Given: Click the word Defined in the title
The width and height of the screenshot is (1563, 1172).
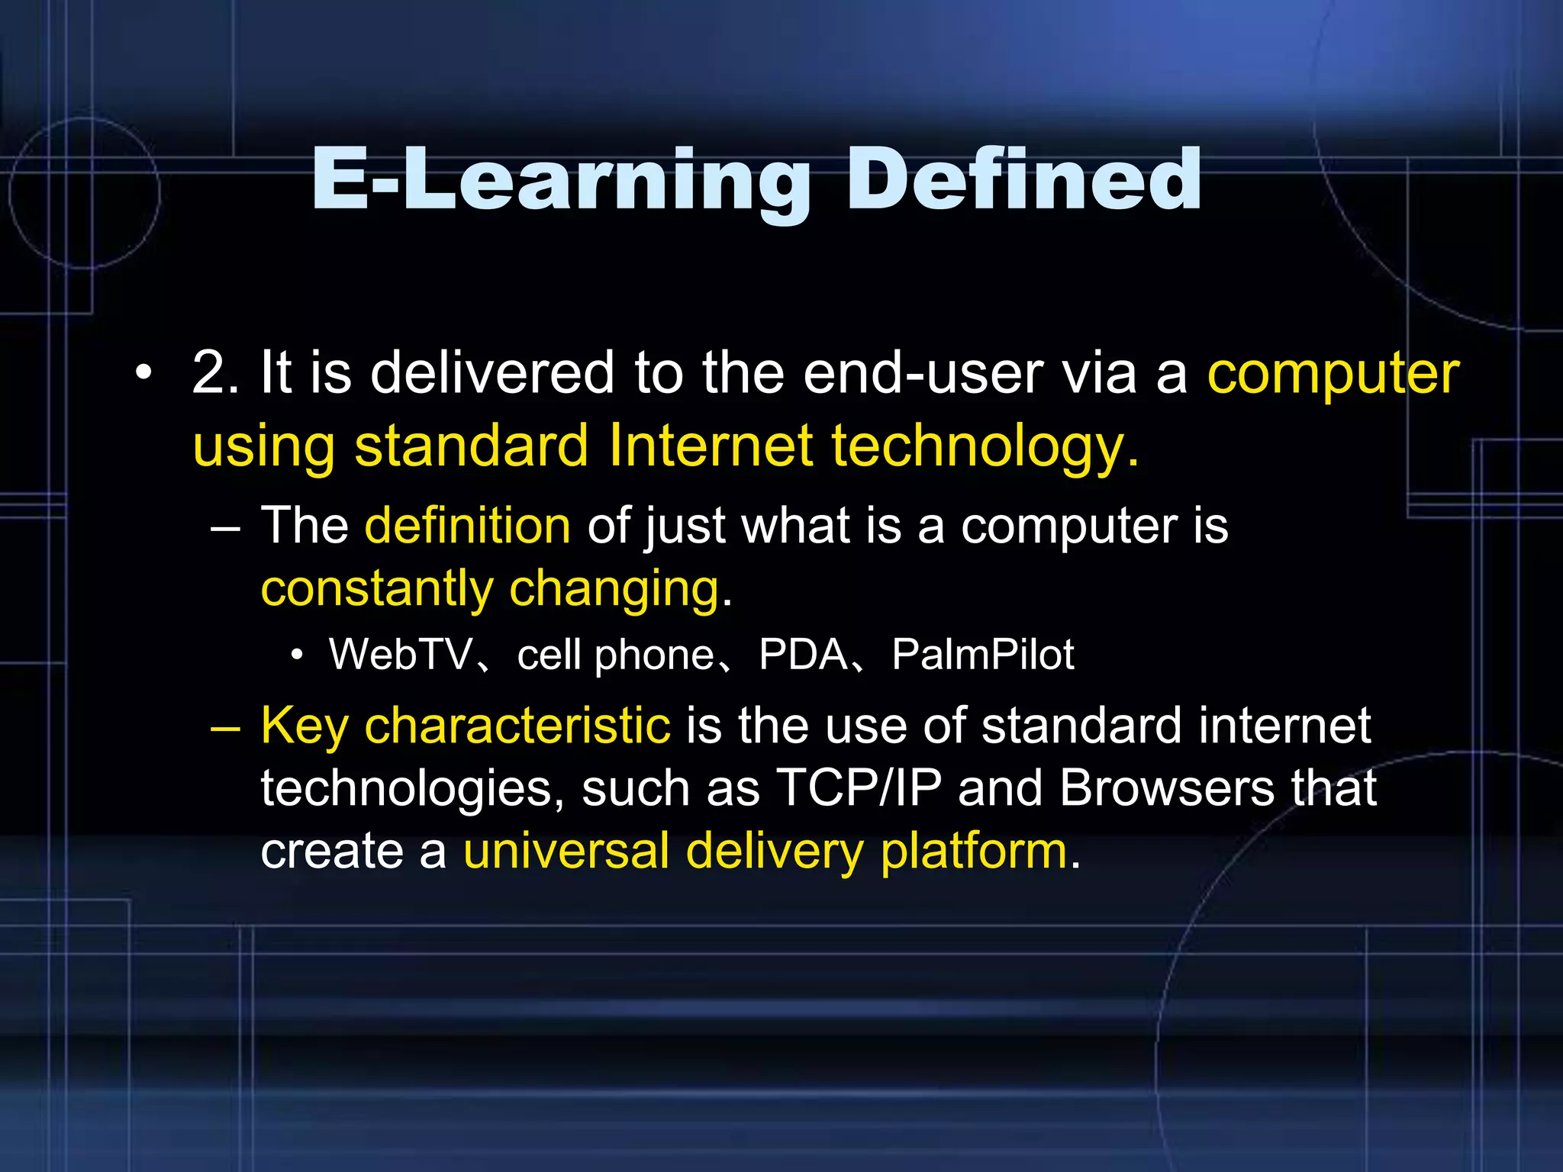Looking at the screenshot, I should tap(1024, 179).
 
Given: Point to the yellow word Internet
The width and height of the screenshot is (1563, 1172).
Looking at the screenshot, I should tap(711, 446).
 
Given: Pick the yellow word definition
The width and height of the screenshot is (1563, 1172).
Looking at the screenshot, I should tap(467, 526).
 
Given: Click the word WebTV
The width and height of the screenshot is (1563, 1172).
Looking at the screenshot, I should tap(401, 654).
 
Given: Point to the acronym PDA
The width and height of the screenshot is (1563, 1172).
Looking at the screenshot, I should tap(803, 654).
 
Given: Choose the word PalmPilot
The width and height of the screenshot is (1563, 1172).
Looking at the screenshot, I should tap(983, 654).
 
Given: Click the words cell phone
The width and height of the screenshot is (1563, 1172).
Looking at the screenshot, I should tap(615, 655).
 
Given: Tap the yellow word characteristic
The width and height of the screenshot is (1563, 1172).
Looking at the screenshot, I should tap(517, 725).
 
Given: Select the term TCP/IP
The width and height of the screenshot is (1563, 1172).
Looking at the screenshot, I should tap(859, 787).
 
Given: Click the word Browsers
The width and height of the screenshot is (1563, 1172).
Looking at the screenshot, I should tap(1167, 787).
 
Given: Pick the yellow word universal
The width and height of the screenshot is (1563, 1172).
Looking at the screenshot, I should tap(566, 850).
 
